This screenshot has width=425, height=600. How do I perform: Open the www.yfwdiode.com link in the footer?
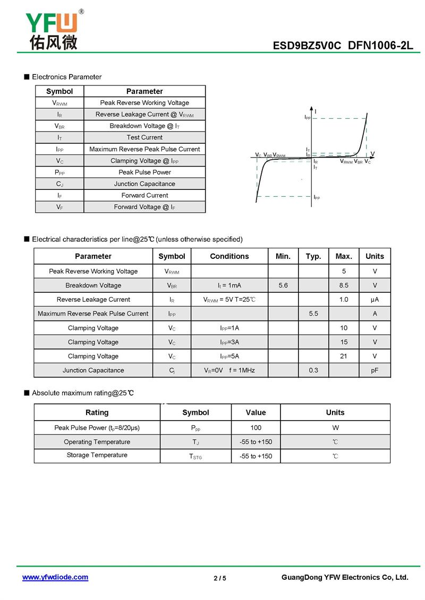55,577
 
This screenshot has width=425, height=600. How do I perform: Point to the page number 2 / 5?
220,578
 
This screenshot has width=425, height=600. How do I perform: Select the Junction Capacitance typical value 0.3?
313,370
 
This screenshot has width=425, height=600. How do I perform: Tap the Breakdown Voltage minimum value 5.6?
283,285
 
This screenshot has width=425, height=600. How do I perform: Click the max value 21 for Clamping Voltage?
344,356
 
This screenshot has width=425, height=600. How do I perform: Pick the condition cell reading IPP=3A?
229,342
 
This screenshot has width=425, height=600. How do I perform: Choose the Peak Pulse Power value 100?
256,428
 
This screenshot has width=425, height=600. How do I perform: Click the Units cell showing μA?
375,300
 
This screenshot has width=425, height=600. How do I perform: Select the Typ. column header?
313,256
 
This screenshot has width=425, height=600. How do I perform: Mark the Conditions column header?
229,256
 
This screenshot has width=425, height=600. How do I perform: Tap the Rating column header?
97,412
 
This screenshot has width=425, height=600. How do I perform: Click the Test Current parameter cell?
144,137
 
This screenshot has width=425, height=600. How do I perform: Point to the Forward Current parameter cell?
144,195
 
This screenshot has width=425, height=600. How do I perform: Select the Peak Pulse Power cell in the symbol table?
144,172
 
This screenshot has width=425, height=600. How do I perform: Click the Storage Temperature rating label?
97,455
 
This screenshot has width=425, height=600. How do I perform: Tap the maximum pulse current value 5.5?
313,314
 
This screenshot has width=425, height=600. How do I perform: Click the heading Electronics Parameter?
66,77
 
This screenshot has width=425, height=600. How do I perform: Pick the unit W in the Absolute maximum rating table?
335,428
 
